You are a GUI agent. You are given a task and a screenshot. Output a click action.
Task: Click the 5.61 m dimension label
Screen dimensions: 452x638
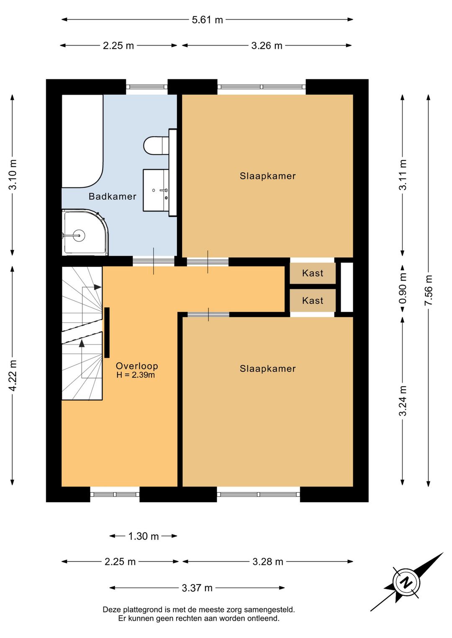point(207,20)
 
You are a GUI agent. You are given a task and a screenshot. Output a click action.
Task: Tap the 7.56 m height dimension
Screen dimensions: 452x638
point(428,290)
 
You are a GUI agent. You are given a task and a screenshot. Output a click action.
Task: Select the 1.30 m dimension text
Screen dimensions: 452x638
point(143,536)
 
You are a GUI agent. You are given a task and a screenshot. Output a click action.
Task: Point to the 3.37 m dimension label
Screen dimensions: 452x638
point(197,587)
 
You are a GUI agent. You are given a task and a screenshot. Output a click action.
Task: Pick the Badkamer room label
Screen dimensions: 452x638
point(112,197)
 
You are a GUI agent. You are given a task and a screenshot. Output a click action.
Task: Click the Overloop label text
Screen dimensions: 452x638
point(137,366)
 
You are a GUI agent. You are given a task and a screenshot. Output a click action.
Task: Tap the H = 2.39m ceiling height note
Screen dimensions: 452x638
point(136,375)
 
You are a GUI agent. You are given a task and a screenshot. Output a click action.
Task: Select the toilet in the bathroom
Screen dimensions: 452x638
point(156,145)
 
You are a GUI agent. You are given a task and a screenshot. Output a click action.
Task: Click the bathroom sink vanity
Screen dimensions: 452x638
point(156,190)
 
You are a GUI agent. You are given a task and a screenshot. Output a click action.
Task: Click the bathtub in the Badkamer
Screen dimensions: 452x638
point(82,141)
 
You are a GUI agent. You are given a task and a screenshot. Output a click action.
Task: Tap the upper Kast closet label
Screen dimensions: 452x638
point(313,273)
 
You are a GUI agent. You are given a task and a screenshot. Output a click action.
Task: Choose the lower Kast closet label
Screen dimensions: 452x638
point(313,301)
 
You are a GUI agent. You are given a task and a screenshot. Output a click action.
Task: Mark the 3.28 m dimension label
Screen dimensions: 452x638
point(268,561)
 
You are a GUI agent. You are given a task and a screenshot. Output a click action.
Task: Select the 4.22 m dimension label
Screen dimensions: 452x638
point(13,375)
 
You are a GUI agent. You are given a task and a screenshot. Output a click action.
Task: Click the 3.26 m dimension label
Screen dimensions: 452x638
point(267,46)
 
